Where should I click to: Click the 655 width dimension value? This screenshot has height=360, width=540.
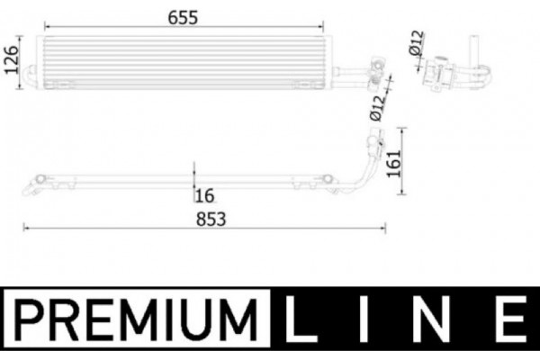coord(182,16)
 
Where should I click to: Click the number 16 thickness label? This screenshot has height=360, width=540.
coord(205,193)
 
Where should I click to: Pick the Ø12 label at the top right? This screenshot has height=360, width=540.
coord(416,42)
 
